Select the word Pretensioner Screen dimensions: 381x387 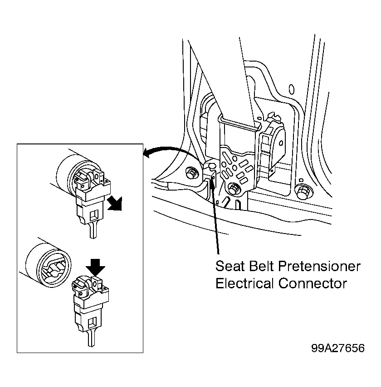pyautogui.click(x=319, y=267)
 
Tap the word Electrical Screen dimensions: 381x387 pyautogui.click(x=244, y=283)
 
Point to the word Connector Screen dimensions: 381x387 pyautogui.click(x=313, y=283)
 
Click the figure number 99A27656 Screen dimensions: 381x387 pyautogui.click(x=338, y=348)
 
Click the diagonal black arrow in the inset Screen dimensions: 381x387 pyautogui.click(x=115, y=204)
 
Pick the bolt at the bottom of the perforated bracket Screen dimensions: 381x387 pyautogui.click(x=233, y=189)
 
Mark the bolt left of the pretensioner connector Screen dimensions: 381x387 pyautogui.click(x=191, y=172)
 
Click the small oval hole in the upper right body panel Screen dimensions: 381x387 pyautogui.click(x=292, y=89)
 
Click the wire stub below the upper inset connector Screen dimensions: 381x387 pyautogui.click(x=93, y=229)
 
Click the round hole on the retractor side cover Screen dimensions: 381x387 pyautogui.click(x=281, y=143)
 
